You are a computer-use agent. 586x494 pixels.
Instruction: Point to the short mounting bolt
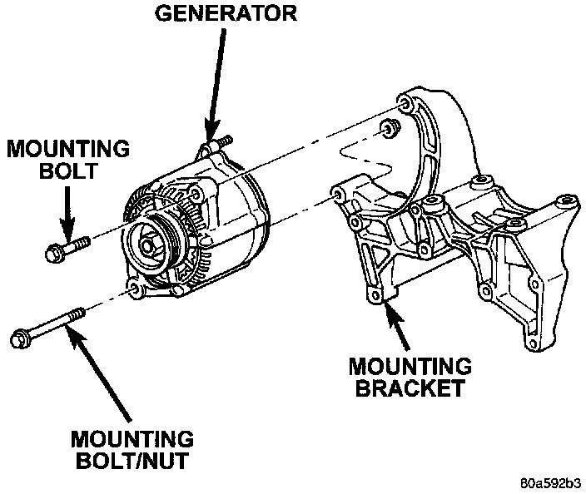point(70,246)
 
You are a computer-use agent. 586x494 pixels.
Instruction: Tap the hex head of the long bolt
point(21,338)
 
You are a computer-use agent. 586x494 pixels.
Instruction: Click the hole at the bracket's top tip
point(406,103)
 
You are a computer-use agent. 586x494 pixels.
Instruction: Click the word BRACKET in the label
point(410,388)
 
